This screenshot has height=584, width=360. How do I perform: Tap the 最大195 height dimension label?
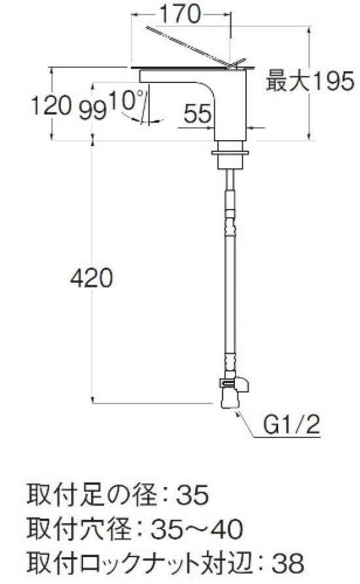(310, 82)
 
